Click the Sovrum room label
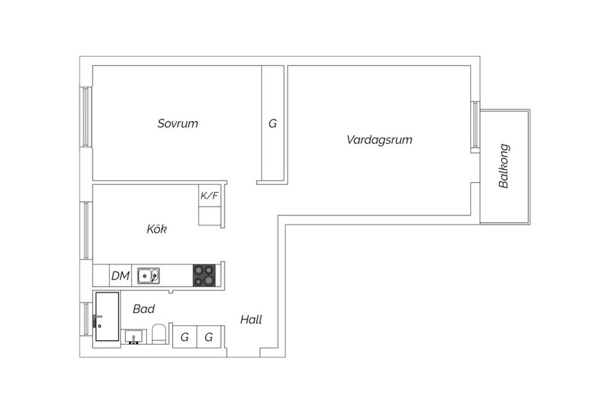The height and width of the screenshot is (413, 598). pos(178,123)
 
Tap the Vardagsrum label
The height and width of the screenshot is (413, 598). pos(379,140)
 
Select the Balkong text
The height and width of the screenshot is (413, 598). pos(504,166)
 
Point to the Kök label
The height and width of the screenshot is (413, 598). pos(157,229)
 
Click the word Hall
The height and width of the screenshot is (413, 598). pos(251,320)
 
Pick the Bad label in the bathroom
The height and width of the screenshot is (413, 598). pos(144,308)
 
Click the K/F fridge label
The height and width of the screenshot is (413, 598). pos(209,196)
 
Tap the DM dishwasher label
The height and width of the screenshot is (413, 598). pos(120,275)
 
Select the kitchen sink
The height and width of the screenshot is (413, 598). pos(149,275)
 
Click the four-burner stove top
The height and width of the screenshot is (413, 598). pos(204,275)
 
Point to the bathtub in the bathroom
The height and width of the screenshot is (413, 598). pos(107,316)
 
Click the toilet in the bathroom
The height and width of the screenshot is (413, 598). pos(158,334)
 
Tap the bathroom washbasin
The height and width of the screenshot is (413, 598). pos(133,337)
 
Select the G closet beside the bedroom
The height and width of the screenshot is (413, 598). pos(273,123)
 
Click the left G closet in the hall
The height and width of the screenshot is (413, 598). pos(184,337)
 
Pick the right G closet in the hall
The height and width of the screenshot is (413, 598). pos(209,337)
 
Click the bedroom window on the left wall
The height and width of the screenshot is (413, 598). pos(86,116)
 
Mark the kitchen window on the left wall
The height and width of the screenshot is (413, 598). pos(86,230)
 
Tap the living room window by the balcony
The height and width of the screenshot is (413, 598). pos(475,125)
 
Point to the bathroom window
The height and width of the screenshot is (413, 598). pos(86,319)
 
